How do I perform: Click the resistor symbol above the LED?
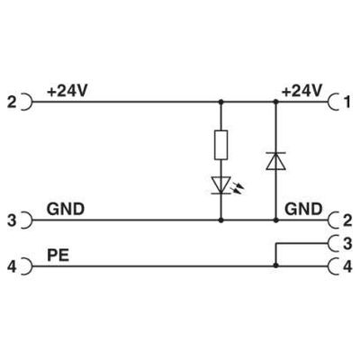click(221, 144)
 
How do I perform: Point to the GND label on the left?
click(66, 209)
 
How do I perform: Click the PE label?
click(58, 256)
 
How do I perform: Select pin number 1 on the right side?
click(350, 103)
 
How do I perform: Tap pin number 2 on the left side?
click(10, 103)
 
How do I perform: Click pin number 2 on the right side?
click(350, 220)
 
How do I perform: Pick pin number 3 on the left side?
click(10, 220)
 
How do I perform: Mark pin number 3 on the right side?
click(350, 242)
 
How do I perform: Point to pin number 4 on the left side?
click(10, 266)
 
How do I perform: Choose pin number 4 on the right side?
click(350, 266)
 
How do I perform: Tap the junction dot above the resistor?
click(221, 103)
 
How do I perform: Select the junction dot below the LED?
click(221, 219)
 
